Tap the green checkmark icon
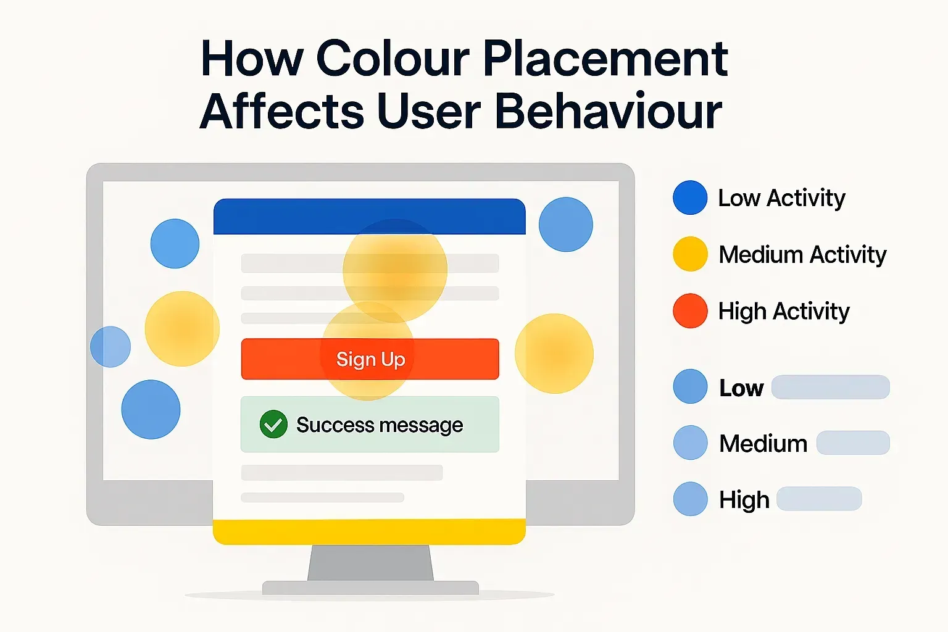tap(273, 425)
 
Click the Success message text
tap(379, 425)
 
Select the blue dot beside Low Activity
tap(690, 197)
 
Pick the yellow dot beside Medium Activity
tap(690, 254)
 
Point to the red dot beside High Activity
tap(690, 310)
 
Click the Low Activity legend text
tap(781, 198)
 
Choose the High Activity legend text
tap(784, 312)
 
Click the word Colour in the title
tap(393, 59)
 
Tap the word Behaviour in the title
tap(608, 112)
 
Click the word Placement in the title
tap(605, 59)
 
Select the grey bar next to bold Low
tap(830, 387)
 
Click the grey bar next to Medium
tap(853, 443)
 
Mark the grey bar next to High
tap(818, 499)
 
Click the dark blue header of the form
tap(369, 216)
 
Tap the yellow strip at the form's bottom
tap(369, 531)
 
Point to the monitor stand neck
tap(370, 563)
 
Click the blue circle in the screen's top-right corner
tap(565, 225)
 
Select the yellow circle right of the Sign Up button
tap(554, 354)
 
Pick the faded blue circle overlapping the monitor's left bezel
tap(110, 347)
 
